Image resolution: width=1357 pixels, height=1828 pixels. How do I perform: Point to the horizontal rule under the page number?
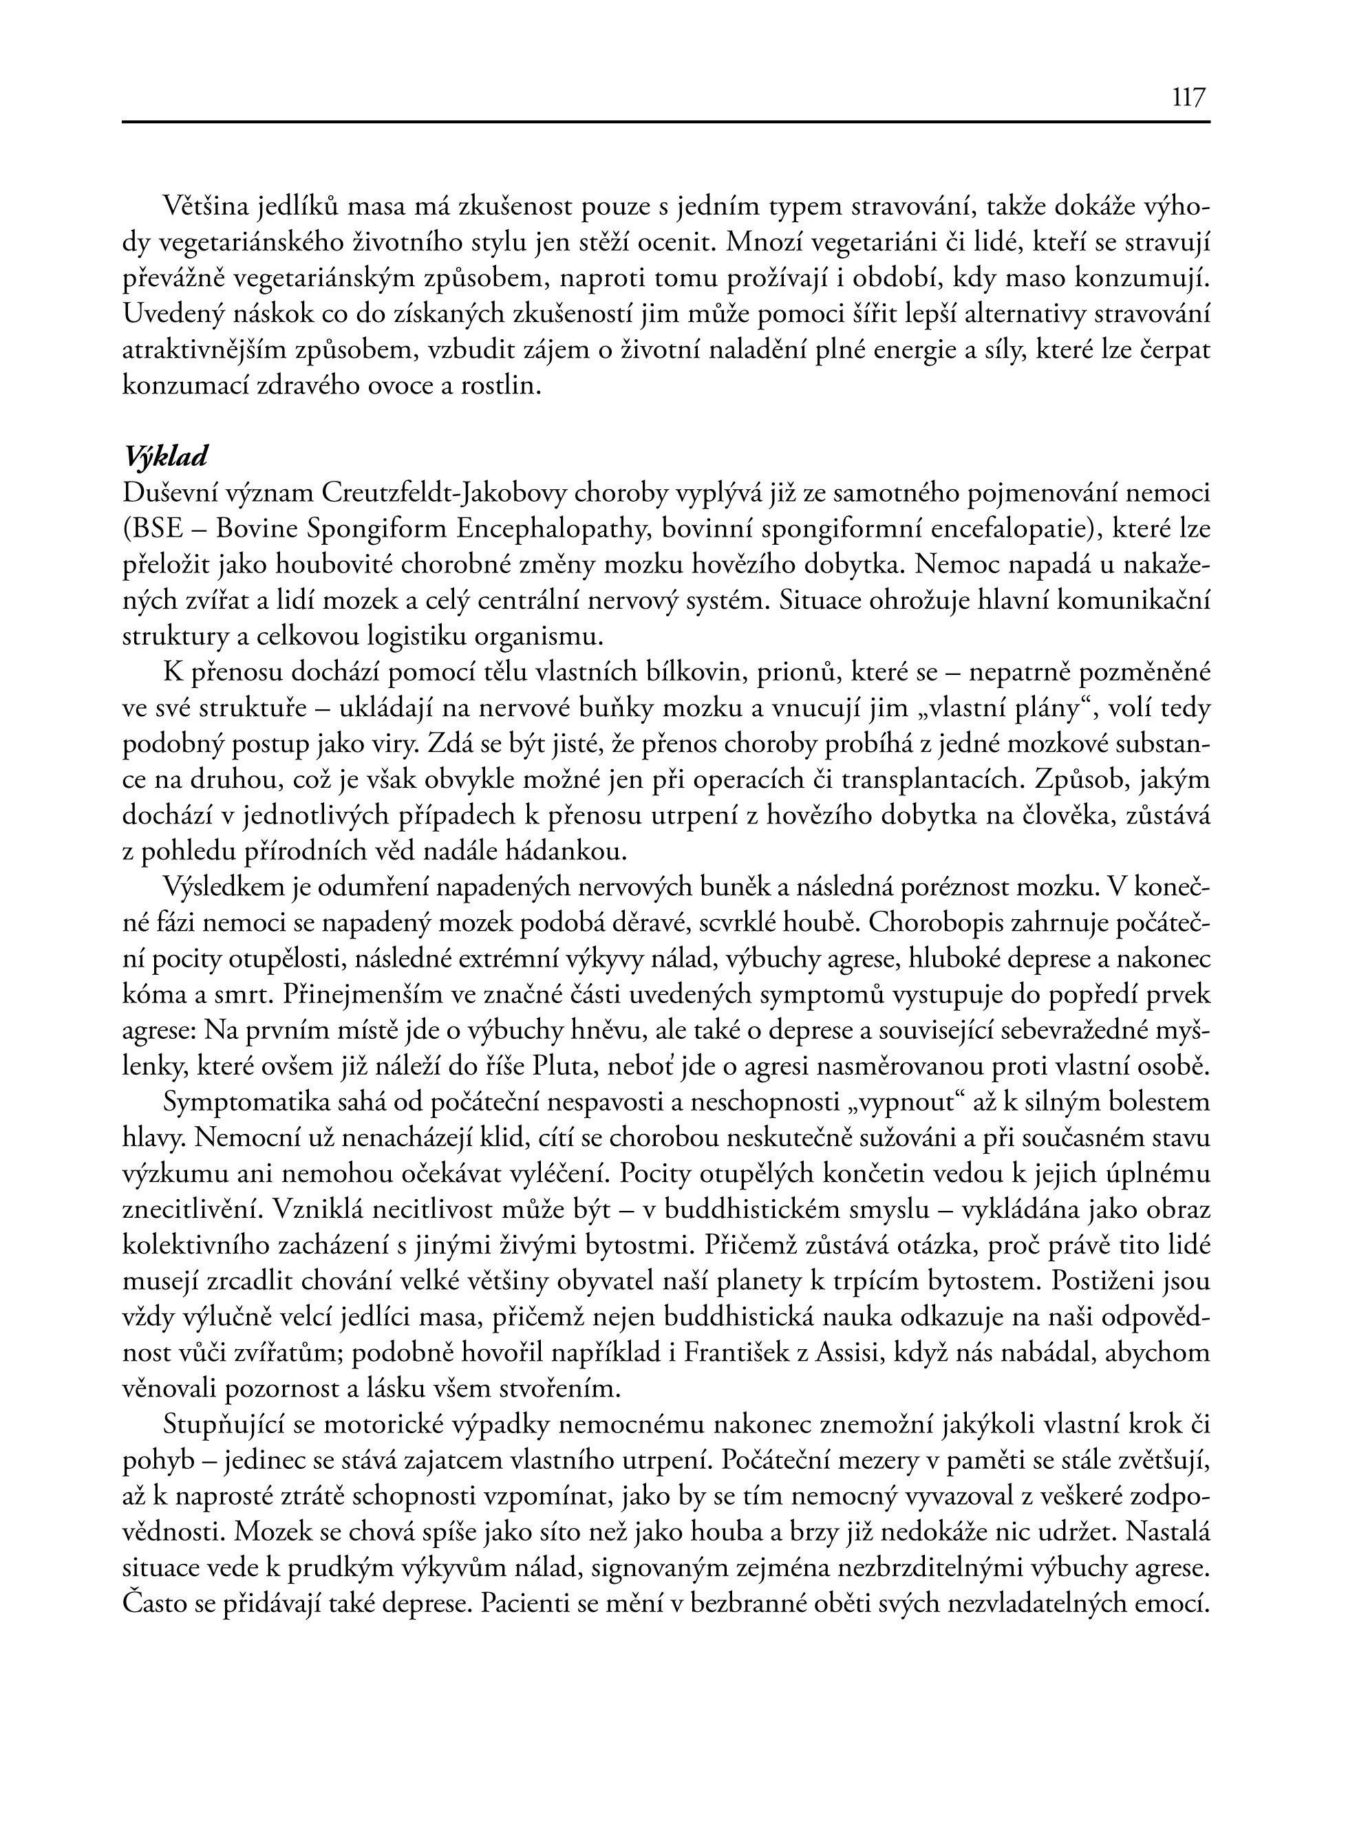(x=665, y=122)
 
